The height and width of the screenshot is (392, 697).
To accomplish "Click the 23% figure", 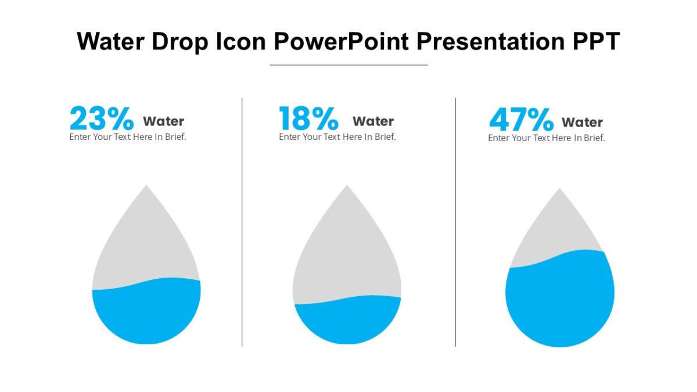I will coord(102,118).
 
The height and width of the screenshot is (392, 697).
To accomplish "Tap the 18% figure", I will coord(308,118).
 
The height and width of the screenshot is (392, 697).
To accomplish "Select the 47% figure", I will coord(521,120).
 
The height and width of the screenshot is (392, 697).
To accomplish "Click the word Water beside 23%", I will coord(163,121).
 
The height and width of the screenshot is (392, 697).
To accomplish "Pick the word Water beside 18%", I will coord(373,121).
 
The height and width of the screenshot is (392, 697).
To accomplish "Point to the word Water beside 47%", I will coord(582,123).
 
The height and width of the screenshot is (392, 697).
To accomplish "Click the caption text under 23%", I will coord(128,137).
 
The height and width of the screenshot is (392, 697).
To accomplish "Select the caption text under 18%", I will coord(337,137).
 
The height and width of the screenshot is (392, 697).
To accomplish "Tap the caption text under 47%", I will coord(546,138).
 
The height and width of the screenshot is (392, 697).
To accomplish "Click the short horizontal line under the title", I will coord(348,65).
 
